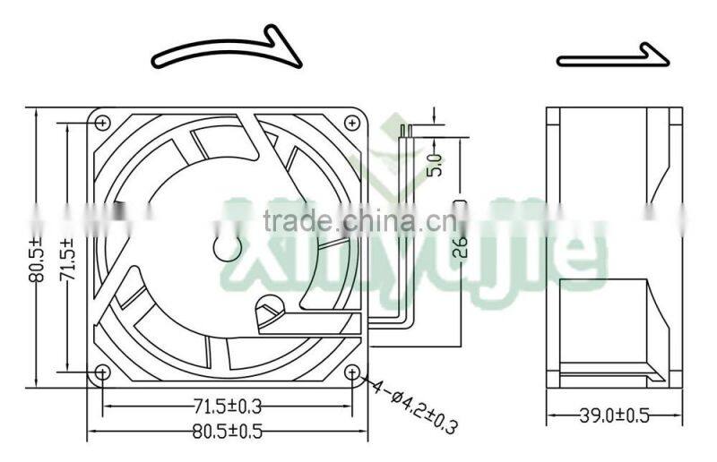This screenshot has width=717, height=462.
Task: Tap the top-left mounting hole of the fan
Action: point(101,121)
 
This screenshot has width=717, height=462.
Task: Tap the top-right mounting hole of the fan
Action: point(352,121)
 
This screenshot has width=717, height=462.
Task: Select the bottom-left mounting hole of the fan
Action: point(101,372)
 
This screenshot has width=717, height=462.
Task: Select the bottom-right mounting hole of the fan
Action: point(352,372)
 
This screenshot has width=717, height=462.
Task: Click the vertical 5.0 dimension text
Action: point(436,164)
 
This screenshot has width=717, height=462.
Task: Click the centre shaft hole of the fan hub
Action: point(222,246)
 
